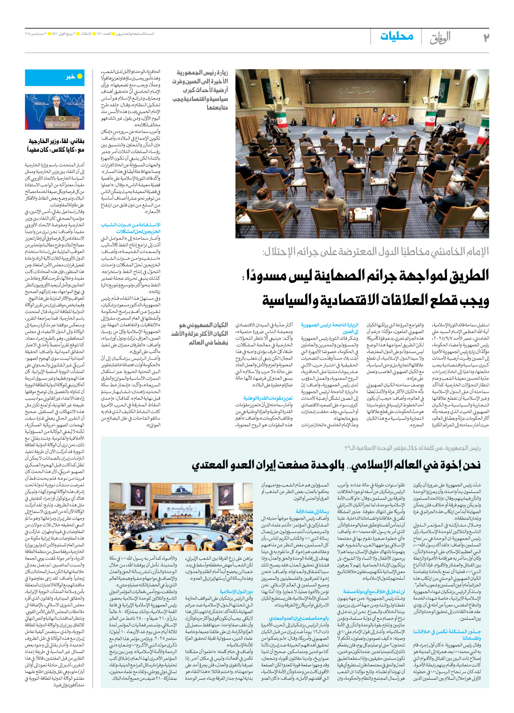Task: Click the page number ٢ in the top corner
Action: coord(486,37)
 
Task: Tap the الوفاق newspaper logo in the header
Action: coord(440,38)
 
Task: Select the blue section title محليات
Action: coord(396,36)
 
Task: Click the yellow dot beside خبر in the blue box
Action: coord(80,76)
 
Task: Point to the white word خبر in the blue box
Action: coord(70,76)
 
